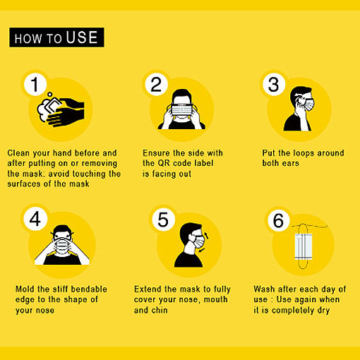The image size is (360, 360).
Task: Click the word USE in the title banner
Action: (82, 37)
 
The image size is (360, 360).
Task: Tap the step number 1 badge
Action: (35, 84)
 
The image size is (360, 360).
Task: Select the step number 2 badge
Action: (156, 84)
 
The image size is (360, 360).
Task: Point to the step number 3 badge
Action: (274, 84)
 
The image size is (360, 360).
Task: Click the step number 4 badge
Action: (35, 219)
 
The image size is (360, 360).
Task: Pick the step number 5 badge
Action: (163, 220)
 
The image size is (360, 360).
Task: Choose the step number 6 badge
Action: (279, 220)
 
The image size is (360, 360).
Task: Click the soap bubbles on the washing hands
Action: (44, 109)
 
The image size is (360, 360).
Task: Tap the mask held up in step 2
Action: (182, 110)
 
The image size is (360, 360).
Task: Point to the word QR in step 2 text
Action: (164, 163)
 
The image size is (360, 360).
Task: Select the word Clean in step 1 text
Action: (18, 153)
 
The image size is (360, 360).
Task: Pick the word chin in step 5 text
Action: (160, 310)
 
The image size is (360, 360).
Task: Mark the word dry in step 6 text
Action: (323, 311)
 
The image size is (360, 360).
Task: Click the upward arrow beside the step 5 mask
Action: (206, 236)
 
